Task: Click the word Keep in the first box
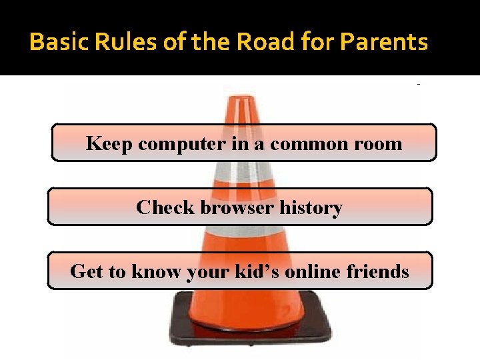click(x=106, y=144)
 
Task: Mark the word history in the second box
click(x=311, y=208)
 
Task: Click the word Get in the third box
click(x=85, y=272)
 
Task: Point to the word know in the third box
click(x=147, y=272)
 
